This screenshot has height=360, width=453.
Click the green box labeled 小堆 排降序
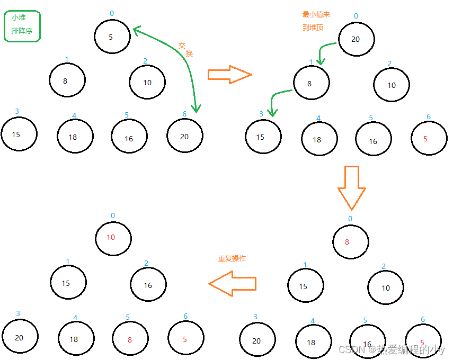[22, 25]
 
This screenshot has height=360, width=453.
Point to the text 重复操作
[232, 259]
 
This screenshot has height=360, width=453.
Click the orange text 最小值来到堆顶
[316, 21]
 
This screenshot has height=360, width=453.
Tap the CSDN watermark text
[391, 349]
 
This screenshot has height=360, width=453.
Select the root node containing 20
[356, 39]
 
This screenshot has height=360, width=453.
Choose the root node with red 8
[350, 242]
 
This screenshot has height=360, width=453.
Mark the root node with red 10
[113, 238]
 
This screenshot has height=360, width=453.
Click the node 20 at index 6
[184, 136]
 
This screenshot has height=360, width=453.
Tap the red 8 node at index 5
[130, 339]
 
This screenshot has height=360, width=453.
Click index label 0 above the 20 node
[356, 16]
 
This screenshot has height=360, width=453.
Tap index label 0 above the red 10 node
[113, 215]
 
